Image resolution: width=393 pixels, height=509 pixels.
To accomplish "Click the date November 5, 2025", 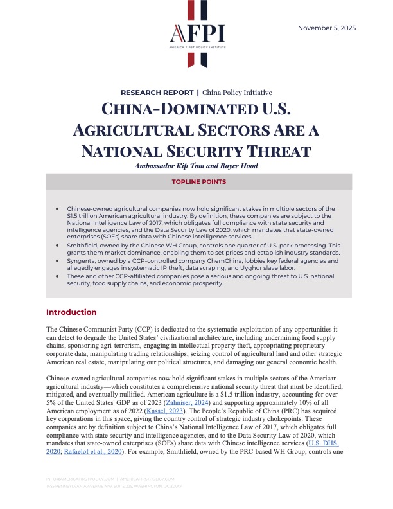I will coord(327,28).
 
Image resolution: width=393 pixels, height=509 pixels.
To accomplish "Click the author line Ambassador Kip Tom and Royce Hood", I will coord(196,165).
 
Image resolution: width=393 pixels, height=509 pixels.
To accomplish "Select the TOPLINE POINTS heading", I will coord(196,182).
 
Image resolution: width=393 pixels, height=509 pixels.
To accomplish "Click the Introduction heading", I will coord(71,312).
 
